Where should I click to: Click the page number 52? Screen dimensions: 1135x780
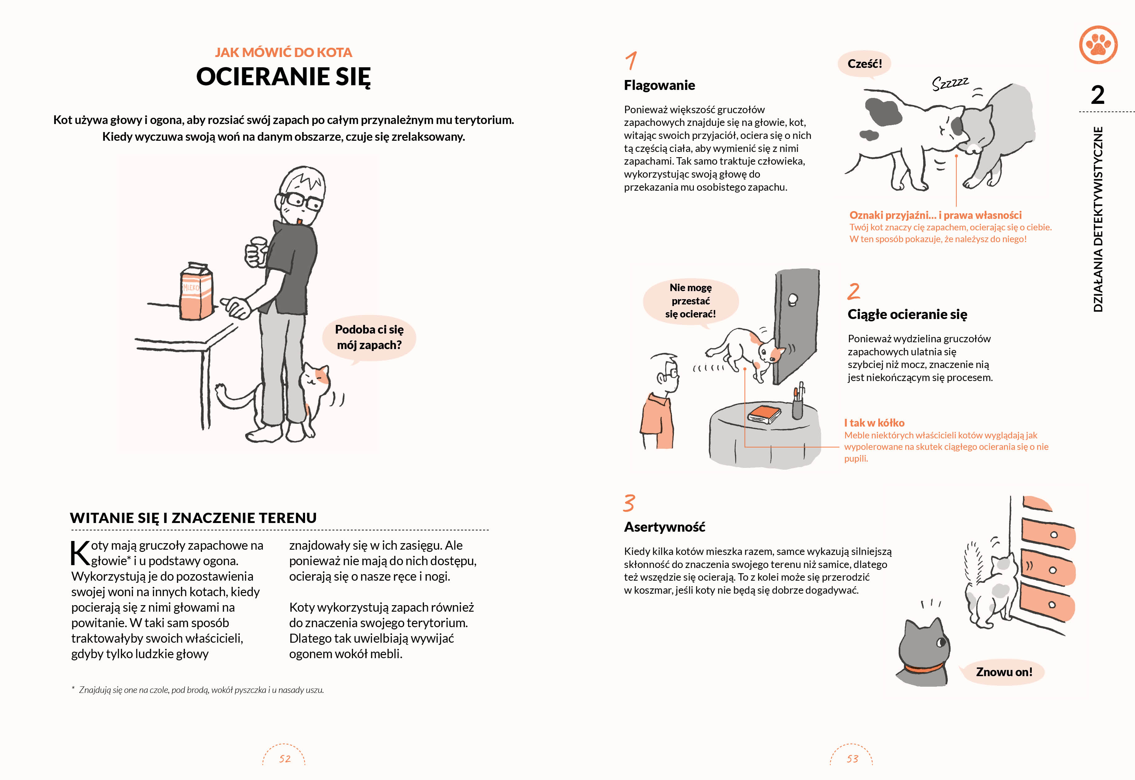[x=284, y=759]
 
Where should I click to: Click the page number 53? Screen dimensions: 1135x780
[x=852, y=759]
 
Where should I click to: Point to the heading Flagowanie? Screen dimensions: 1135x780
[x=659, y=86]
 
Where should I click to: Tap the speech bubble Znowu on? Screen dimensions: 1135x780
[x=1004, y=672]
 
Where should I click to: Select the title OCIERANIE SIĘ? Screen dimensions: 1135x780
[x=283, y=77]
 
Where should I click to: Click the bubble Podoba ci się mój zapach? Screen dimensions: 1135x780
[x=369, y=338]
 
